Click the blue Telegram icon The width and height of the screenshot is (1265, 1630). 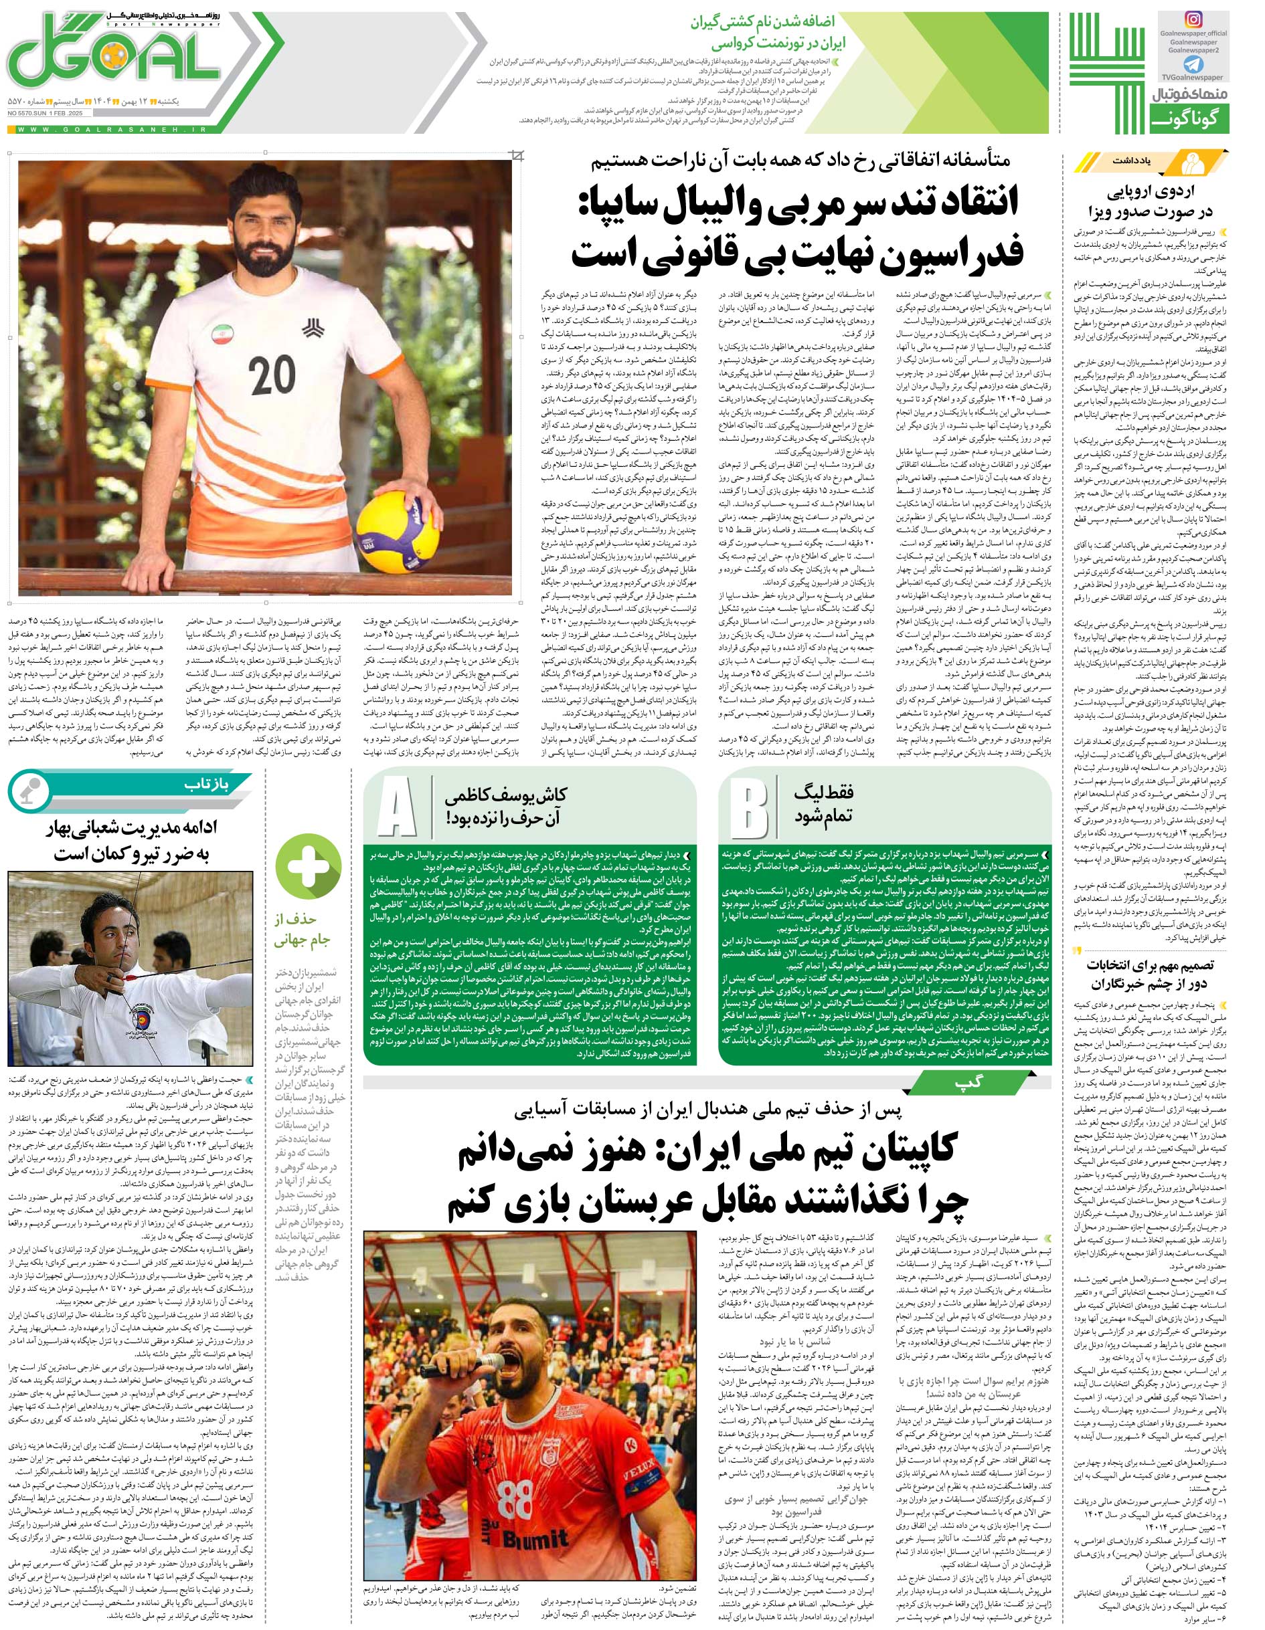pyautogui.click(x=1193, y=64)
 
